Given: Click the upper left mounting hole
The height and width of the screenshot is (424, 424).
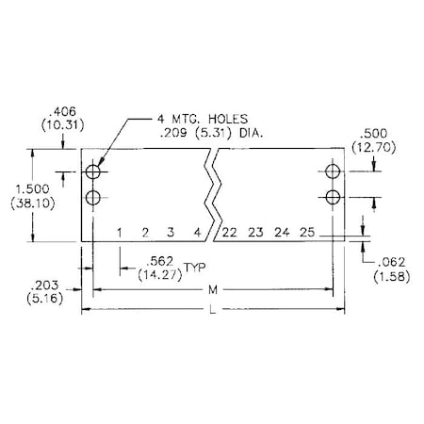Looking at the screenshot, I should (93, 172).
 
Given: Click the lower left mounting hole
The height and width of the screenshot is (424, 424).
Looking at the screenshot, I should (93, 197).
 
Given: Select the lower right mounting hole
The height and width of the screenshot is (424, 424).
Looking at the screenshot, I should (332, 196).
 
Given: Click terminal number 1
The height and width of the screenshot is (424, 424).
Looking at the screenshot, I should (121, 232).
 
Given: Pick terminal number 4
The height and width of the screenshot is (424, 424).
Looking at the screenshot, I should (196, 232).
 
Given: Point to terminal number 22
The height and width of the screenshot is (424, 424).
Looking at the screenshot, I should (230, 232).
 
